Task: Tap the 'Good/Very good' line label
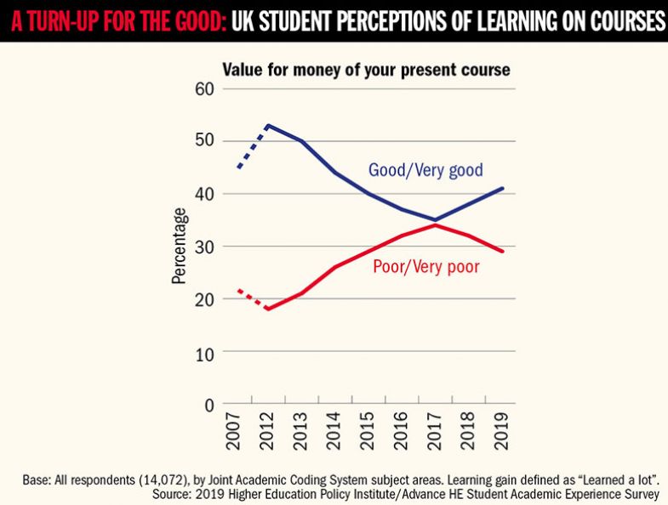[425, 170]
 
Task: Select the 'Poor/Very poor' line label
[426, 267]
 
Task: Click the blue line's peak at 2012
[270, 126]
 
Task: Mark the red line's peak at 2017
[436, 225]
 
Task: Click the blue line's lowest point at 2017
[436, 219]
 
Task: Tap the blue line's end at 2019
[503, 188]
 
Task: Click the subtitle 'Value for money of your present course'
[366, 70]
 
